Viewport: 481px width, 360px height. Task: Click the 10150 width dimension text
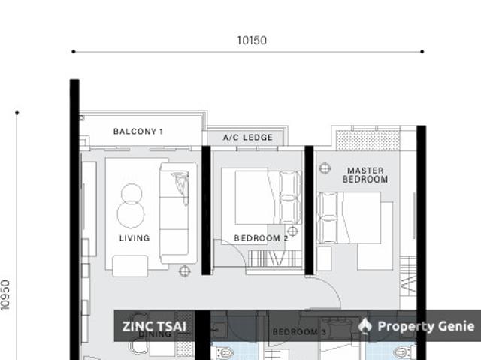tap(252, 41)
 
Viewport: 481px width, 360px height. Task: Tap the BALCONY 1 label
tap(138, 132)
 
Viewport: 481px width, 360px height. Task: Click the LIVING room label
tap(135, 238)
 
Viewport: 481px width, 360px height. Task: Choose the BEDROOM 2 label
tap(261, 238)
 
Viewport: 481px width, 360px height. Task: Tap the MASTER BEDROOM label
tap(365, 175)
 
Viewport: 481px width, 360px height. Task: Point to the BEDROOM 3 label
tap(298, 331)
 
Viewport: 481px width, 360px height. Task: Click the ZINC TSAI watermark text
tap(154, 326)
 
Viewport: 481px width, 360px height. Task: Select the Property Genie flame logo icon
tap(365, 325)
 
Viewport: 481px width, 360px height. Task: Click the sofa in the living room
tap(177, 213)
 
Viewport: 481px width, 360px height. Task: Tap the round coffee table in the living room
tap(132, 204)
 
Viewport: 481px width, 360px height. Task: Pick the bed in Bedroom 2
tap(267, 197)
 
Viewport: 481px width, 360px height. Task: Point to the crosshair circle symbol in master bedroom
tap(325, 168)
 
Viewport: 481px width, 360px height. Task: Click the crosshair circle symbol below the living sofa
tap(184, 271)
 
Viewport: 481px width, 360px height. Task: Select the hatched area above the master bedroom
tap(368, 140)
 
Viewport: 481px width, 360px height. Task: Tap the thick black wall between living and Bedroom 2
tap(206, 210)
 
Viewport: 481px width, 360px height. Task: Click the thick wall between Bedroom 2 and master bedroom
tap(309, 210)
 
